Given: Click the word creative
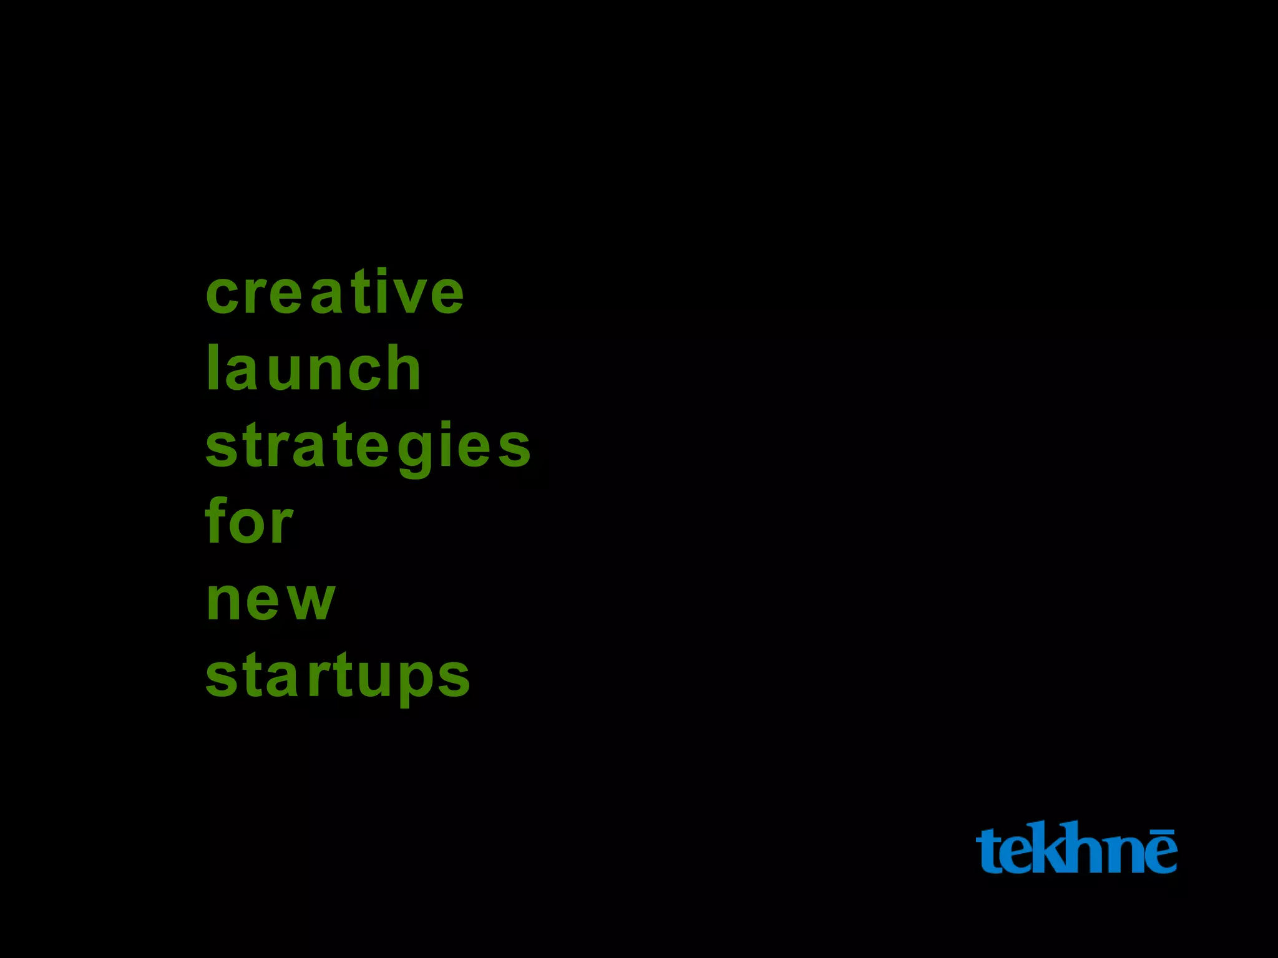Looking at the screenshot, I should pos(335,292).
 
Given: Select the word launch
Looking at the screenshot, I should pos(314,369).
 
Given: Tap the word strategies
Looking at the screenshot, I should pos(368,446).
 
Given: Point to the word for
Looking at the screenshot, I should pos(249,521).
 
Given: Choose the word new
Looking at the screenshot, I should pos(271,600).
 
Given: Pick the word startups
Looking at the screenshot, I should pos(338,677).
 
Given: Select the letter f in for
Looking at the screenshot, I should pos(217,519).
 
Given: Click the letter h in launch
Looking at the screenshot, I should pos(404,369).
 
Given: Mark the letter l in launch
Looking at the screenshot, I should pos(212,368).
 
